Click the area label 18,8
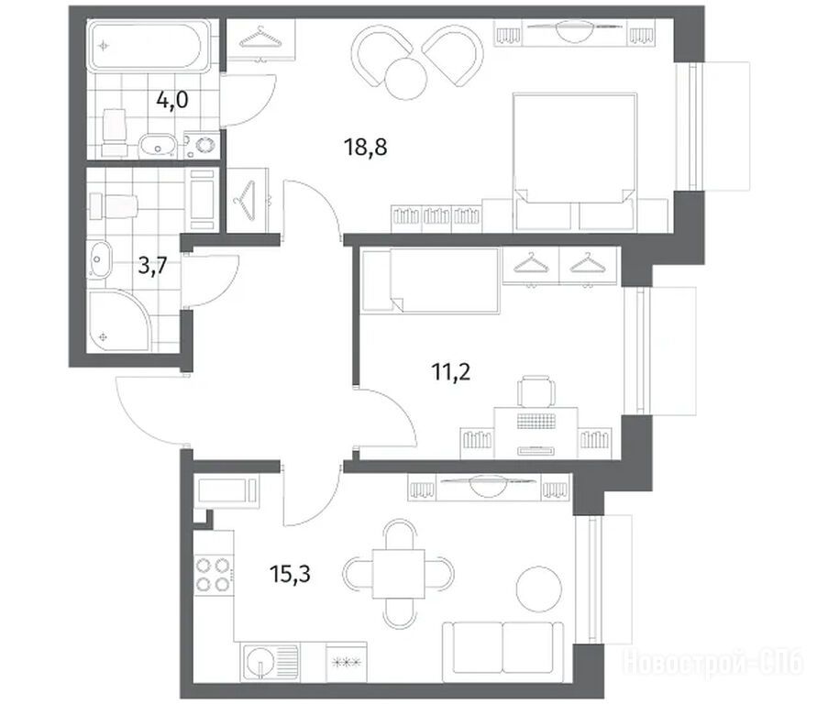[x=365, y=148]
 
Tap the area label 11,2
[x=451, y=372]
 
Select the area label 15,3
[x=291, y=575]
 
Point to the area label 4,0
[x=172, y=99]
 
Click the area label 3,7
[x=152, y=266]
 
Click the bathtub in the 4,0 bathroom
[x=150, y=45]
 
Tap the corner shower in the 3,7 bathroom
[x=119, y=320]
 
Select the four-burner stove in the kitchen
[x=213, y=576]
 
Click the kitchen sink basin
[x=259, y=662]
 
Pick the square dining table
[x=399, y=574]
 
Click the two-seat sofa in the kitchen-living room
[x=502, y=651]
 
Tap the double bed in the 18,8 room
[x=575, y=161]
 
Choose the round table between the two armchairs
[x=406, y=79]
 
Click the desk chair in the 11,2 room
[x=536, y=390]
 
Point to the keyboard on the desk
[x=535, y=421]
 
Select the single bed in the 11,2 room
[x=430, y=280]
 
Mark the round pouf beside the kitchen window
[x=539, y=588]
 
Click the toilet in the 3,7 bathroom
[x=113, y=206]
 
